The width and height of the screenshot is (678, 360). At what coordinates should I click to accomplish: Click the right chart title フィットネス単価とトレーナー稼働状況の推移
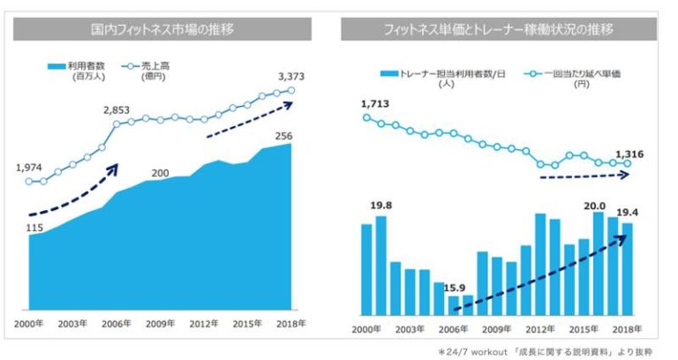(500, 30)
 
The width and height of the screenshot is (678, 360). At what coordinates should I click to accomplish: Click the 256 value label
(282, 135)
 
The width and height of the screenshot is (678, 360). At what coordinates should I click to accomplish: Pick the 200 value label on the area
(160, 172)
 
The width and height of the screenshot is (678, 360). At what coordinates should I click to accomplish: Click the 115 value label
(35, 228)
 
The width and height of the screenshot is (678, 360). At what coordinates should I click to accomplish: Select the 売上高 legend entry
(147, 66)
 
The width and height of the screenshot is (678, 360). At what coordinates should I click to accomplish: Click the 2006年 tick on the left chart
(117, 325)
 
